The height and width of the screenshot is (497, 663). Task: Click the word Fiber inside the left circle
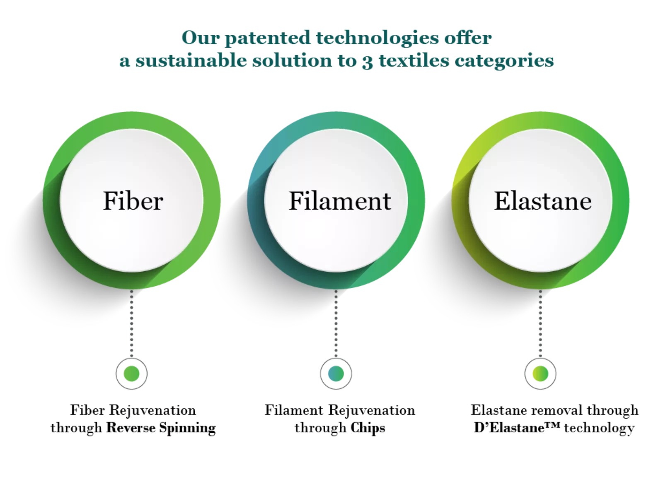[x=133, y=201]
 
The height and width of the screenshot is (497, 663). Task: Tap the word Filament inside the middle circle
[x=340, y=201]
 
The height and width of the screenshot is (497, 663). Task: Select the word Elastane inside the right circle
[x=543, y=201]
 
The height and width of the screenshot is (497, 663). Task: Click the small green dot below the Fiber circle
[x=132, y=374]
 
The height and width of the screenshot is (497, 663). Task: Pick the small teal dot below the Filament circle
[x=336, y=374]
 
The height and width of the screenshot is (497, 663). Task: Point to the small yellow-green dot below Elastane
[x=540, y=374]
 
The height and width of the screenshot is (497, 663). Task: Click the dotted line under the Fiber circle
[x=132, y=323]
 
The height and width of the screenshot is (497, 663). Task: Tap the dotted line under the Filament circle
[x=336, y=323]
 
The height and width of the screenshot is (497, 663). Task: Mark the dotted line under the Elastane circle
[x=540, y=323]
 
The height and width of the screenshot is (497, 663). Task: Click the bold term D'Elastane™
[x=517, y=427]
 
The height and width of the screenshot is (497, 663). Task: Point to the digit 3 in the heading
[x=367, y=61]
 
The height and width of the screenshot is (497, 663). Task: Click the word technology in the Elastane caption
[x=599, y=429]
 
